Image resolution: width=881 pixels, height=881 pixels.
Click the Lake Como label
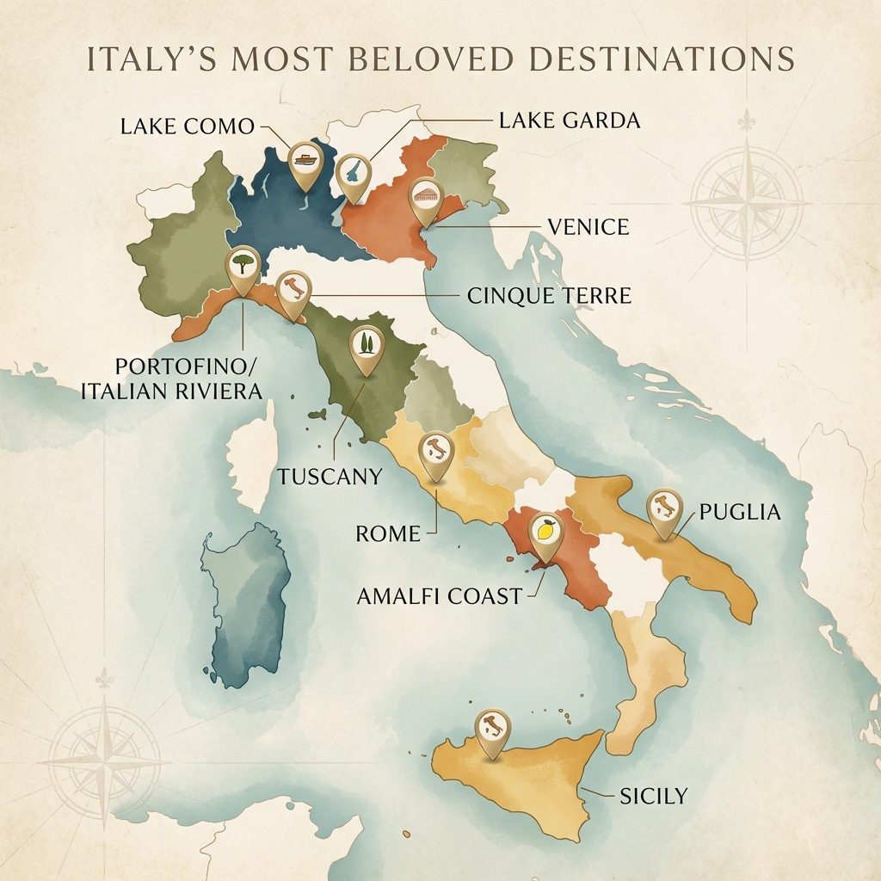click(x=188, y=126)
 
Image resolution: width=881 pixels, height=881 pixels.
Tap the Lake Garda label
click(x=570, y=120)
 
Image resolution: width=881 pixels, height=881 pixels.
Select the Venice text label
click(x=588, y=227)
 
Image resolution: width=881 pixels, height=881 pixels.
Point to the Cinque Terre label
click(x=549, y=296)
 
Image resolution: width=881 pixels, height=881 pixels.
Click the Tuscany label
click(x=330, y=476)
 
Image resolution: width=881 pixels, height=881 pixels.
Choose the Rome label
click(x=388, y=533)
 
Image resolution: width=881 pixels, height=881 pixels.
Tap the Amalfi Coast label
click(x=440, y=595)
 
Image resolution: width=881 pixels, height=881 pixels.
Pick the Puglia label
click(x=740, y=513)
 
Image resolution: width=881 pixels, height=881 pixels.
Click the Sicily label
click(x=654, y=796)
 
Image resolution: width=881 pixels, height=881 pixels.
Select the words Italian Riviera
click(x=172, y=391)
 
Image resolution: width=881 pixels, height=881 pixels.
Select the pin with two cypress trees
click(x=367, y=348)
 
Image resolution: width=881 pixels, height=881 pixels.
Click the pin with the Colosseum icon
click(x=425, y=198)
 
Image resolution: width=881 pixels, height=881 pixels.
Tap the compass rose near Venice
click(x=747, y=203)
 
